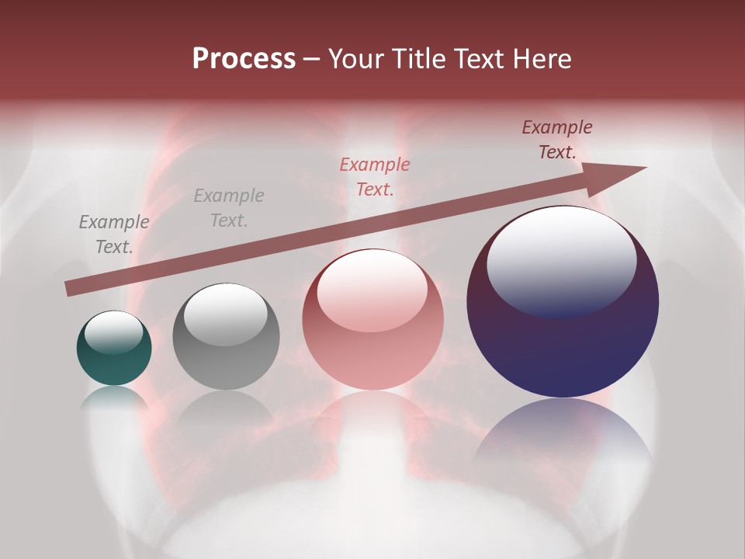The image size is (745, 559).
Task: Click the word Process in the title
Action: click(x=244, y=59)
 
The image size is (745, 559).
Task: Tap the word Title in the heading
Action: click(x=421, y=59)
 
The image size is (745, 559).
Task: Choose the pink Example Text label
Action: click(x=375, y=177)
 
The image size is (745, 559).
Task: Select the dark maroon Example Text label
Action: click(x=557, y=140)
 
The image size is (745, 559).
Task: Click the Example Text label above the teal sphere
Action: click(x=114, y=234)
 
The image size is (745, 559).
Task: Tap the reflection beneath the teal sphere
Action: click(x=114, y=398)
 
